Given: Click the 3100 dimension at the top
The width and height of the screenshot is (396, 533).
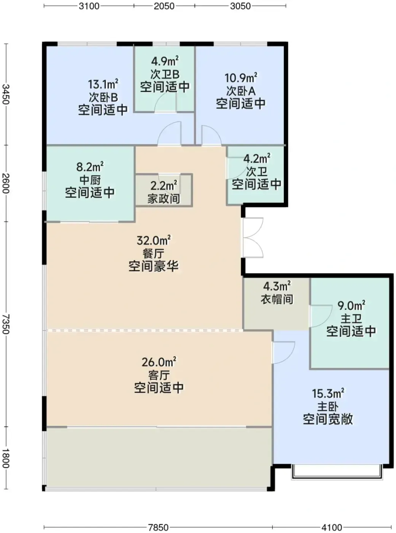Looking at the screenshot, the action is (x=89, y=6).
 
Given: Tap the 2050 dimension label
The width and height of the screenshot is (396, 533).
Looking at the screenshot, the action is (x=164, y=6).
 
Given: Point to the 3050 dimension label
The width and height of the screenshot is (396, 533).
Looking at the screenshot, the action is (x=240, y=6).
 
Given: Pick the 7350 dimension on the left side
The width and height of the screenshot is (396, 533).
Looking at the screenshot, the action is (x=6, y=324).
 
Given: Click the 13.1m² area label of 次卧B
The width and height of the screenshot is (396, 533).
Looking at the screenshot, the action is (x=103, y=84).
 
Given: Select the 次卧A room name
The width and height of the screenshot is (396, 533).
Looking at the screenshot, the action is (x=241, y=91).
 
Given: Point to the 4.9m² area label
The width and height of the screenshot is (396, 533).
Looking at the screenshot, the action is (x=165, y=61).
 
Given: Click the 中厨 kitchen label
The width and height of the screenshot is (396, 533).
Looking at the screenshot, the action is (x=90, y=180).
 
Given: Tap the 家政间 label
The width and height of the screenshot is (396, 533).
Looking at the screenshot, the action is (x=164, y=198).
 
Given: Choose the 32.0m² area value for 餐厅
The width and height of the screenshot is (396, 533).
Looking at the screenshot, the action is (x=154, y=240).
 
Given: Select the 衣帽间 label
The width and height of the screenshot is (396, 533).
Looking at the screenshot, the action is (x=277, y=299).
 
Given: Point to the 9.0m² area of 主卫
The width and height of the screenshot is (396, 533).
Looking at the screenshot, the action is (x=351, y=306).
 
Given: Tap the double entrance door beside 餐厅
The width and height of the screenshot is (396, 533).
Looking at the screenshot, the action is (x=253, y=238).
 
